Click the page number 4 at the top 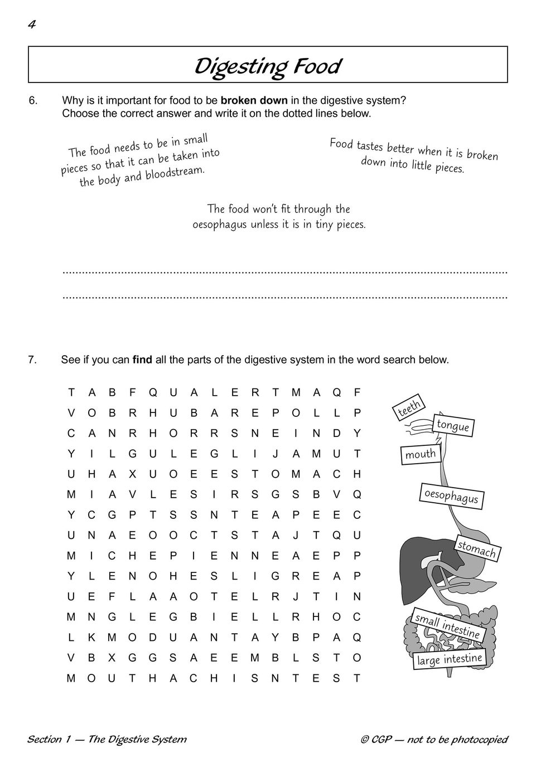(32, 25)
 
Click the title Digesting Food (267, 66)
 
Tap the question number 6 (33, 101)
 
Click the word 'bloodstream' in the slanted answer (175, 172)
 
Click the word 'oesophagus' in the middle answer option (220, 225)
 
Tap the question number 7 (32, 360)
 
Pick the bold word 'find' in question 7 (142, 360)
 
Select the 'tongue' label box (453, 426)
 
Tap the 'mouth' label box (421, 454)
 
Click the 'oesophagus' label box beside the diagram (451, 495)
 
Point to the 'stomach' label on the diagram (477, 549)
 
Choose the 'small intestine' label (447, 625)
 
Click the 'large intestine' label (450, 660)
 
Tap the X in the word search (132, 474)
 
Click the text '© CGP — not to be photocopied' (434, 740)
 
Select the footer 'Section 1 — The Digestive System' (107, 740)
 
